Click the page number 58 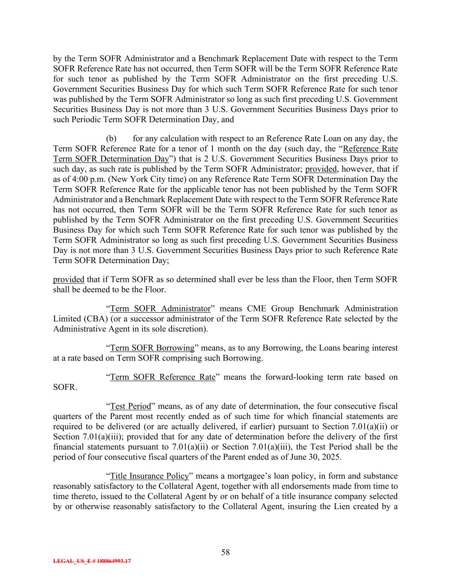pos(225,552)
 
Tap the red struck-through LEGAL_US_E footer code pos(92,561)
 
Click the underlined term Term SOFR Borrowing pos(152,348)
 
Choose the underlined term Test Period pos(131,406)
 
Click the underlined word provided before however pos(321,169)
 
